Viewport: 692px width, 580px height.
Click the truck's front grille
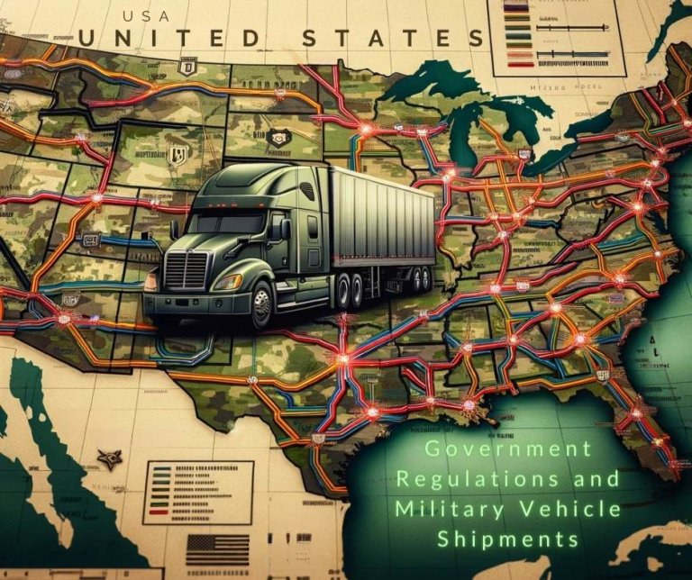[188, 269]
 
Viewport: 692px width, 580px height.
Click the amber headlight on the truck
[227, 282]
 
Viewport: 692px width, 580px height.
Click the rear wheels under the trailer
[356, 290]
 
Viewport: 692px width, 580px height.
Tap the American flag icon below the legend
[217, 548]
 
